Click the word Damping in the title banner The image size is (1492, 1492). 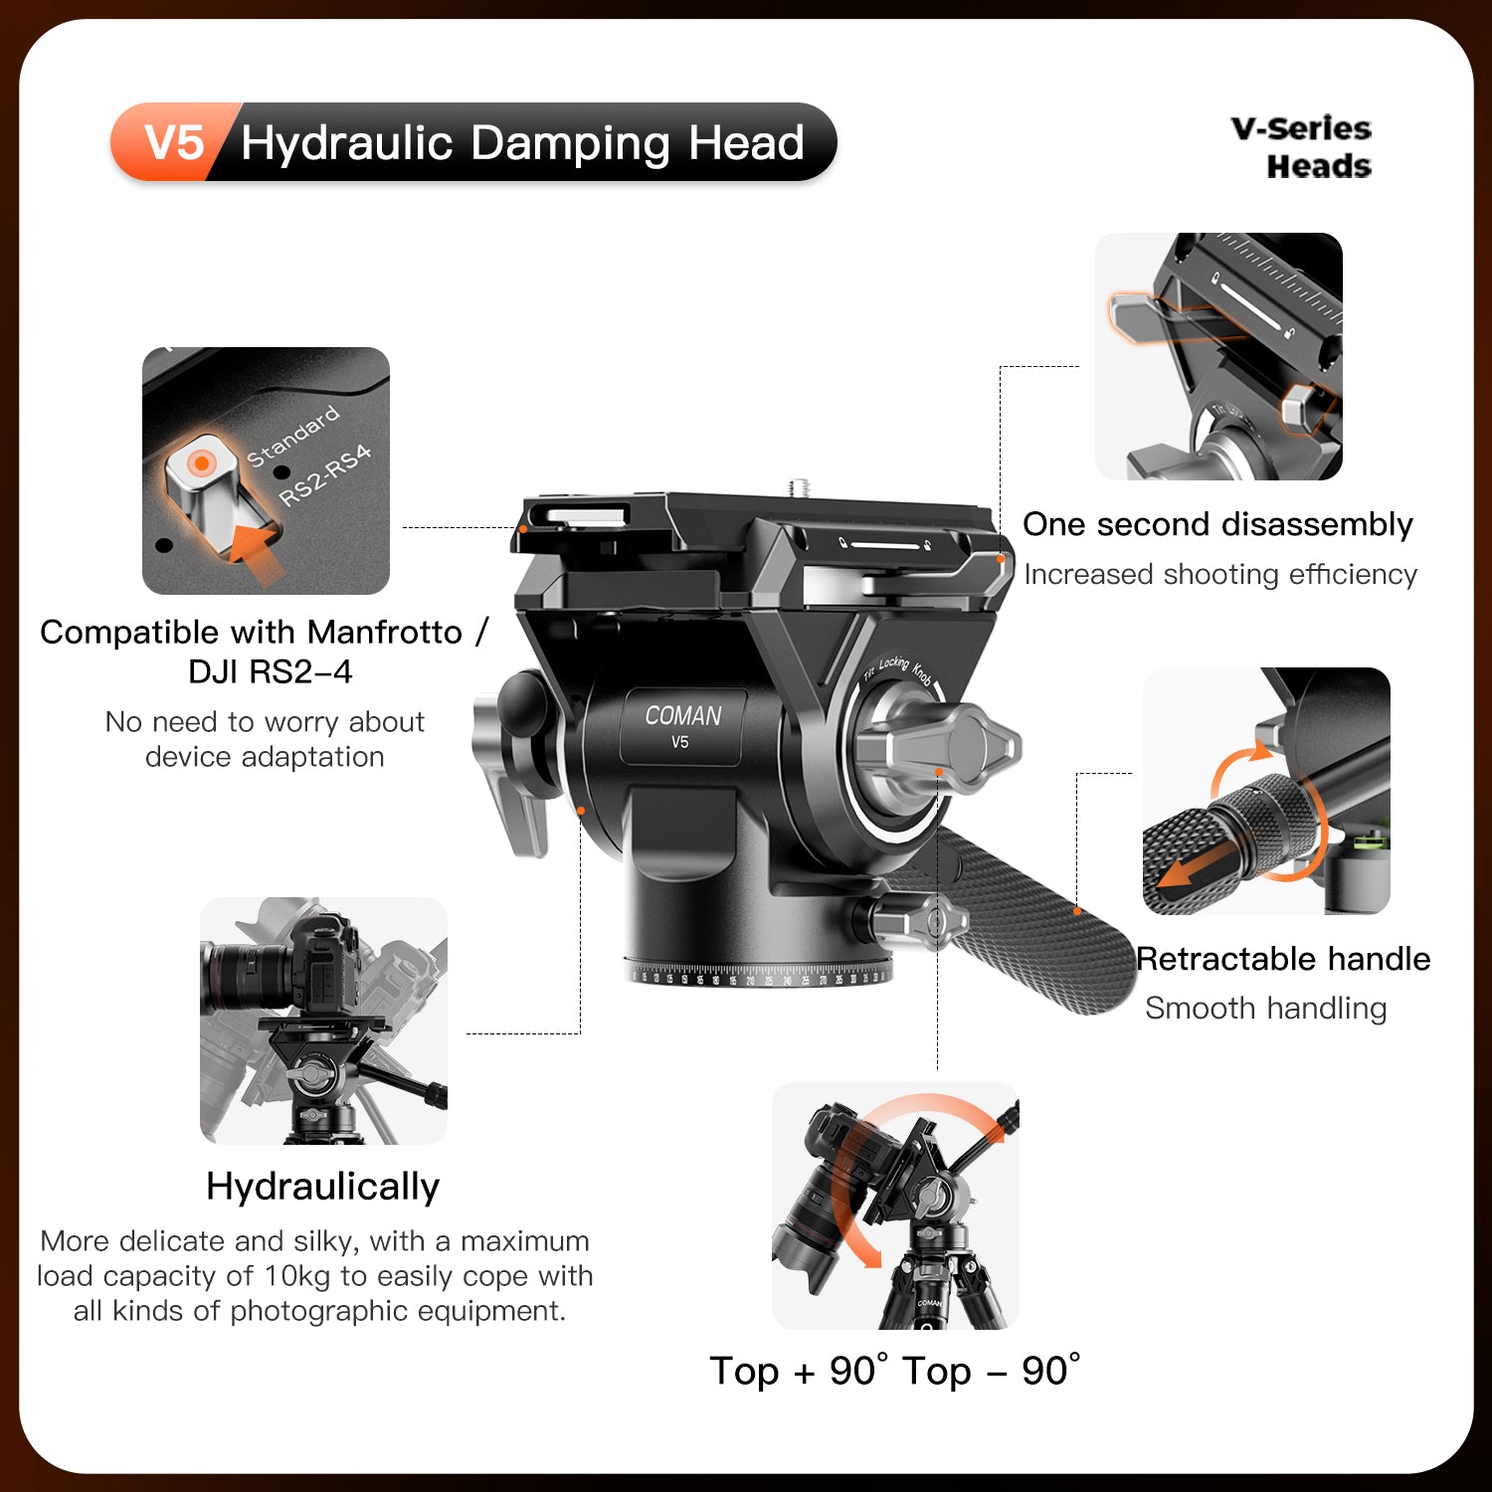pos(571,142)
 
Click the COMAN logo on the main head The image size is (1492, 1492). pos(683,715)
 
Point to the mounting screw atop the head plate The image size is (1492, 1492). pos(798,487)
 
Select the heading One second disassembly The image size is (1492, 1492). pos(1217,524)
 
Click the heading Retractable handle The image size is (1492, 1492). pos(1283,959)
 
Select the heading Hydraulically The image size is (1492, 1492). pos(322,1187)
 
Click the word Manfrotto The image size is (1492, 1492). pos(385,632)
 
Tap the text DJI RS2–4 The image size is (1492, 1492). pos(271,672)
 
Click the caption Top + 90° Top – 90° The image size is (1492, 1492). pos(894,1371)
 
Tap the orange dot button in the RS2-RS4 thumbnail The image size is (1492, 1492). pos(201,464)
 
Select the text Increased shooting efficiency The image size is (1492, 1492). pos(1220,575)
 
